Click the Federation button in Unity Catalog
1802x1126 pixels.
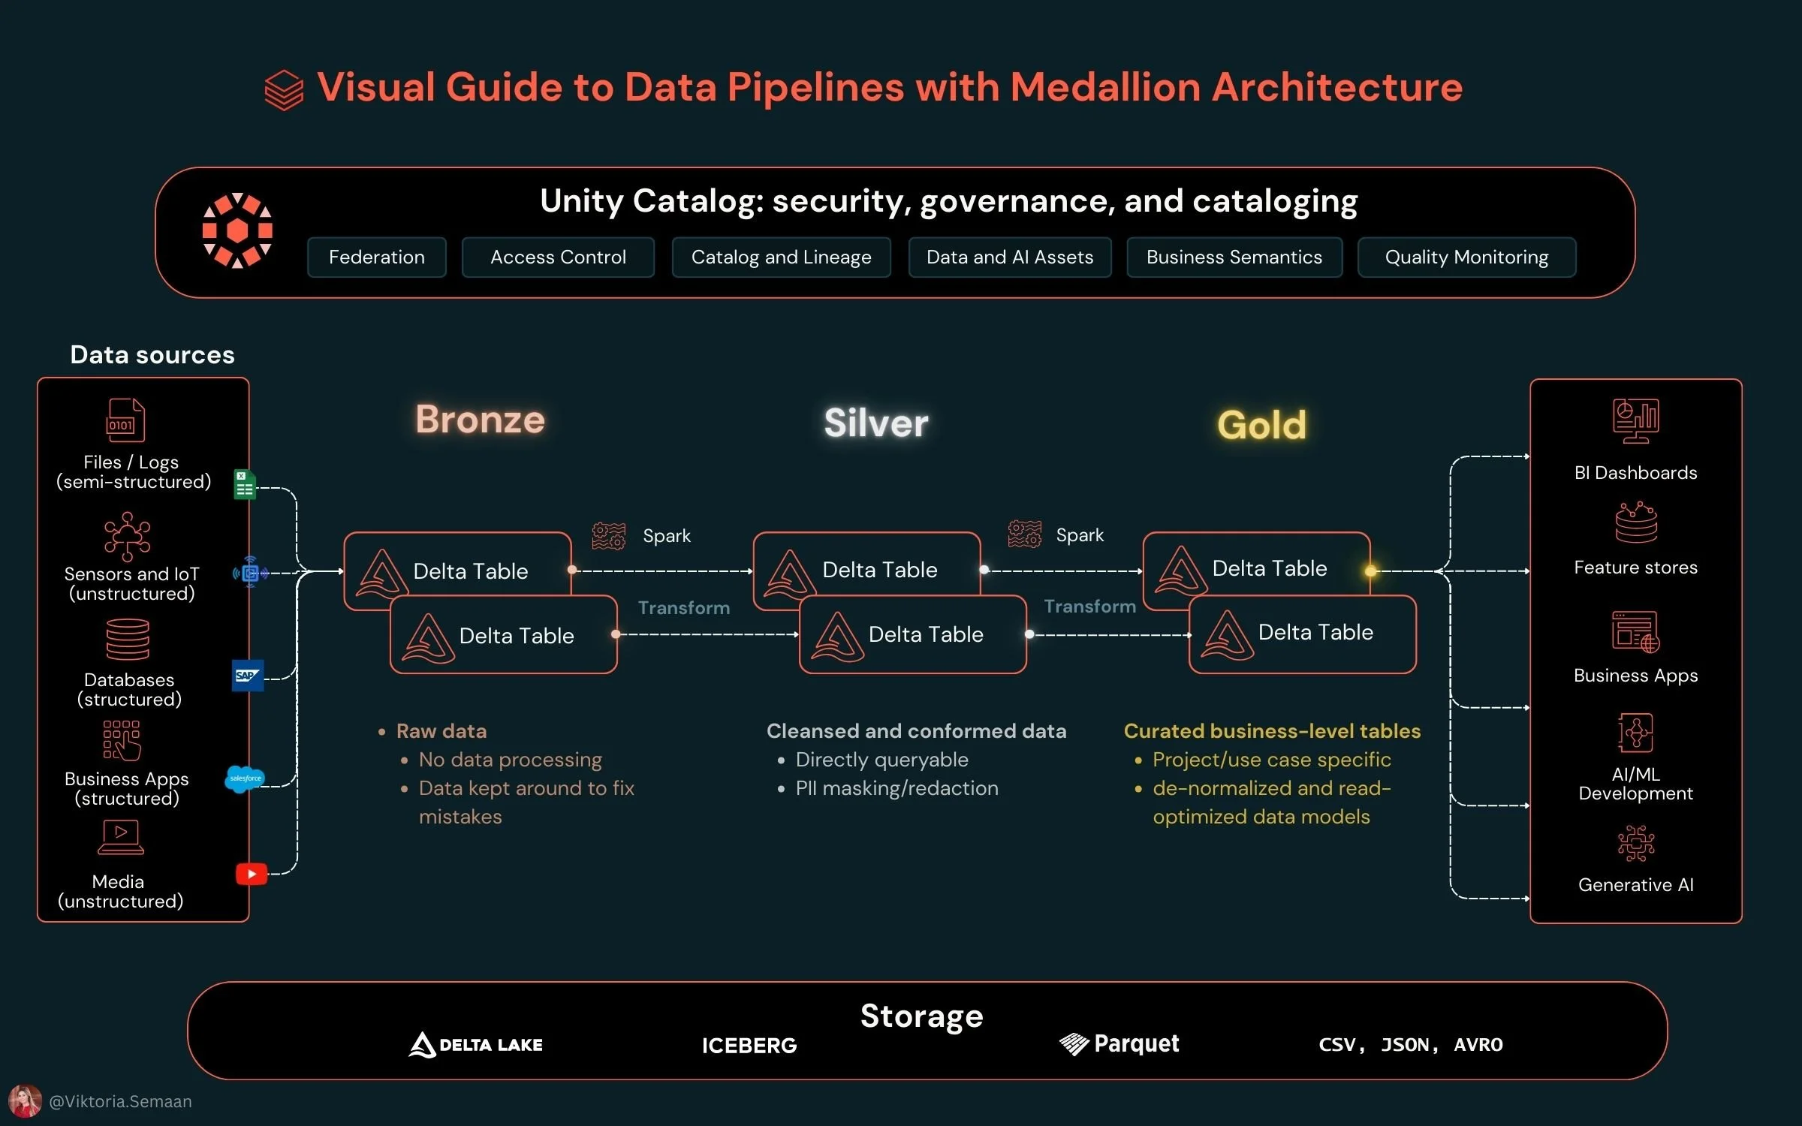376,257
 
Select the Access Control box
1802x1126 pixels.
558,257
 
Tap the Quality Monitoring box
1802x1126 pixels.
1466,257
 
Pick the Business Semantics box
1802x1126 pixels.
1234,257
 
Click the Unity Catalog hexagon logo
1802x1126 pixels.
237,230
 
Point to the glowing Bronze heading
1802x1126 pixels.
480,419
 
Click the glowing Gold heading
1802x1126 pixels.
1261,425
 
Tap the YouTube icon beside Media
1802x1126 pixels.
252,874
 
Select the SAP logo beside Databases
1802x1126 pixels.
248,676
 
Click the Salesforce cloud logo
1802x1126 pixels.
245,778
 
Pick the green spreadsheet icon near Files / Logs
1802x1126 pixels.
244,484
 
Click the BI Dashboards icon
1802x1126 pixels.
1635,420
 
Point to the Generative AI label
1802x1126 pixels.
1635,885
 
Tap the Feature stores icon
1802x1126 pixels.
1635,522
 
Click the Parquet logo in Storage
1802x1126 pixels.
1119,1043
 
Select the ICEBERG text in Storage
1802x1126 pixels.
749,1046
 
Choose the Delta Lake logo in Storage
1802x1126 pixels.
475,1044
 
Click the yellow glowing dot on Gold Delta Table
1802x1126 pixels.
1370,571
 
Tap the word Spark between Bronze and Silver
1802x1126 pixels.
666,536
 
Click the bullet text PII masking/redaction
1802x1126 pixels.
896,788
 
